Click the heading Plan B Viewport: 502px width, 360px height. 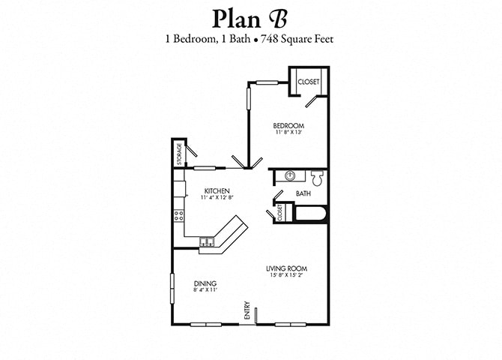pyautogui.click(x=250, y=17)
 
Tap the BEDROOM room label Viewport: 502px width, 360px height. pyautogui.click(x=288, y=125)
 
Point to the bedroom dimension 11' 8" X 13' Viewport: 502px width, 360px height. pyautogui.click(x=288, y=133)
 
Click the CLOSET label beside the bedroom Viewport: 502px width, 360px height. pyautogui.click(x=308, y=82)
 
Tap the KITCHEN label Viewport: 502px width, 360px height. pyautogui.click(x=216, y=190)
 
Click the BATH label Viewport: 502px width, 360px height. pyautogui.click(x=303, y=194)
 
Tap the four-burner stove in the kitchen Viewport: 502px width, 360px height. pyautogui.click(x=180, y=216)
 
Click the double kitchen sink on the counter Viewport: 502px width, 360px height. pyautogui.click(x=208, y=241)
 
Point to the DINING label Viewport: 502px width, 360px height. pyautogui.click(x=205, y=283)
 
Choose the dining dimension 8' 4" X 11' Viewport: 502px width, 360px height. pyautogui.click(x=205, y=290)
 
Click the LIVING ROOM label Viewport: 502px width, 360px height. pyautogui.click(x=287, y=268)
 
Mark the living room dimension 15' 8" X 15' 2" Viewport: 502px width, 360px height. pyautogui.click(x=287, y=275)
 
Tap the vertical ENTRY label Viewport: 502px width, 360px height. pyautogui.click(x=246, y=310)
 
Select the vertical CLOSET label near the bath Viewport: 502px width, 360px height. pyautogui.click(x=280, y=212)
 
